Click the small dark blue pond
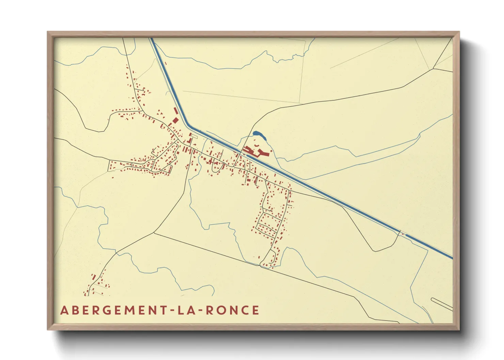coord(259,134)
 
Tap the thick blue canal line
coord(306,183)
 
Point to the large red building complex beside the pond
coord(255,151)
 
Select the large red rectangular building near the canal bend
coord(175,120)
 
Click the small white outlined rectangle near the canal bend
coord(194,136)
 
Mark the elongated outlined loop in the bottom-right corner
coord(442,304)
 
